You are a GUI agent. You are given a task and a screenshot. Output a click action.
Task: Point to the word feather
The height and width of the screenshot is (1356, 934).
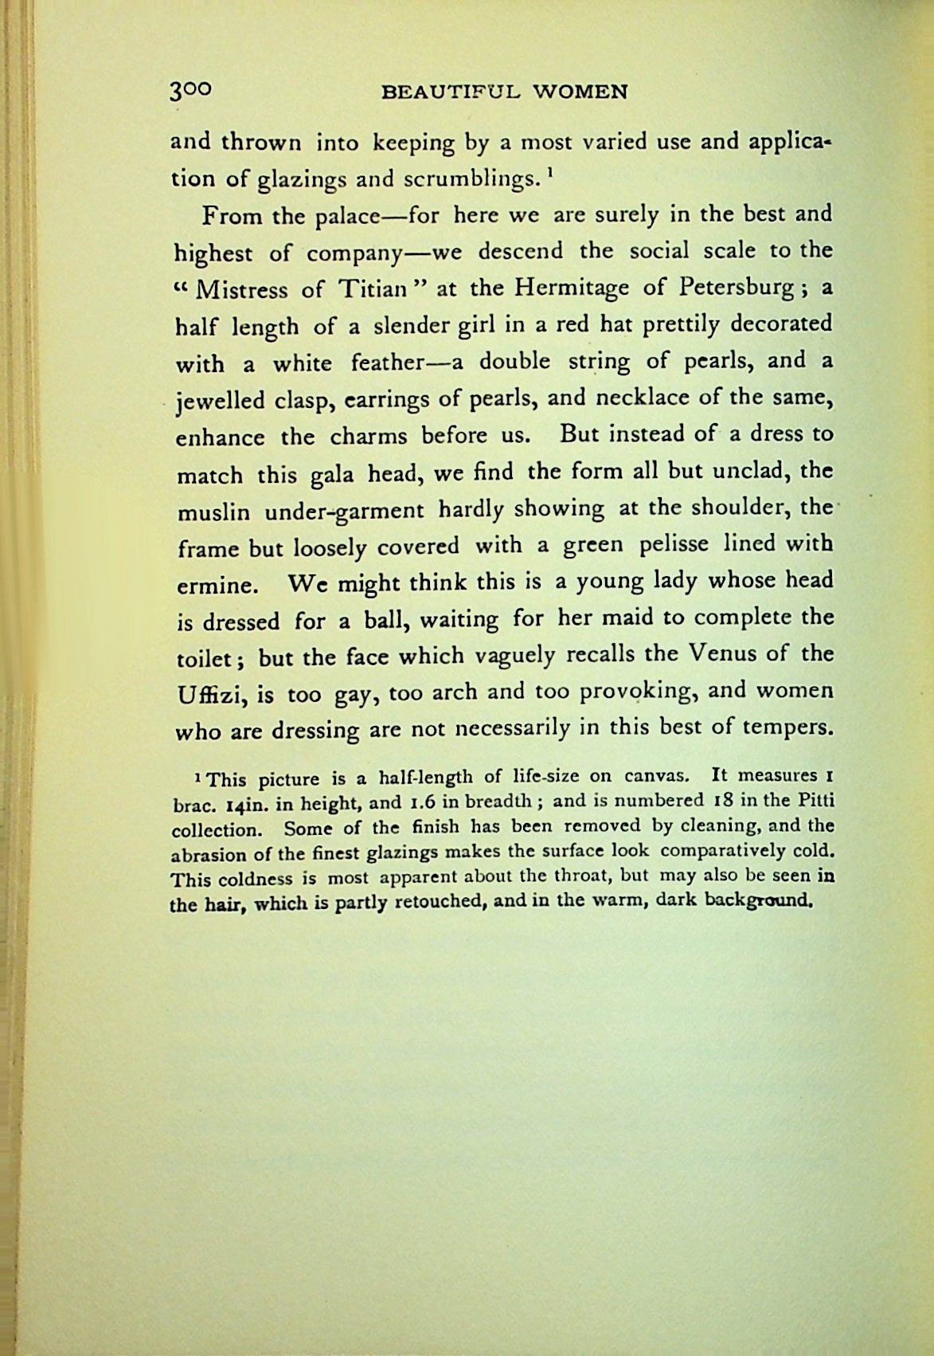tap(396, 363)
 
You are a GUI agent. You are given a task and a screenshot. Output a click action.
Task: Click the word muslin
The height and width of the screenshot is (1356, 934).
tap(214, 510)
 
